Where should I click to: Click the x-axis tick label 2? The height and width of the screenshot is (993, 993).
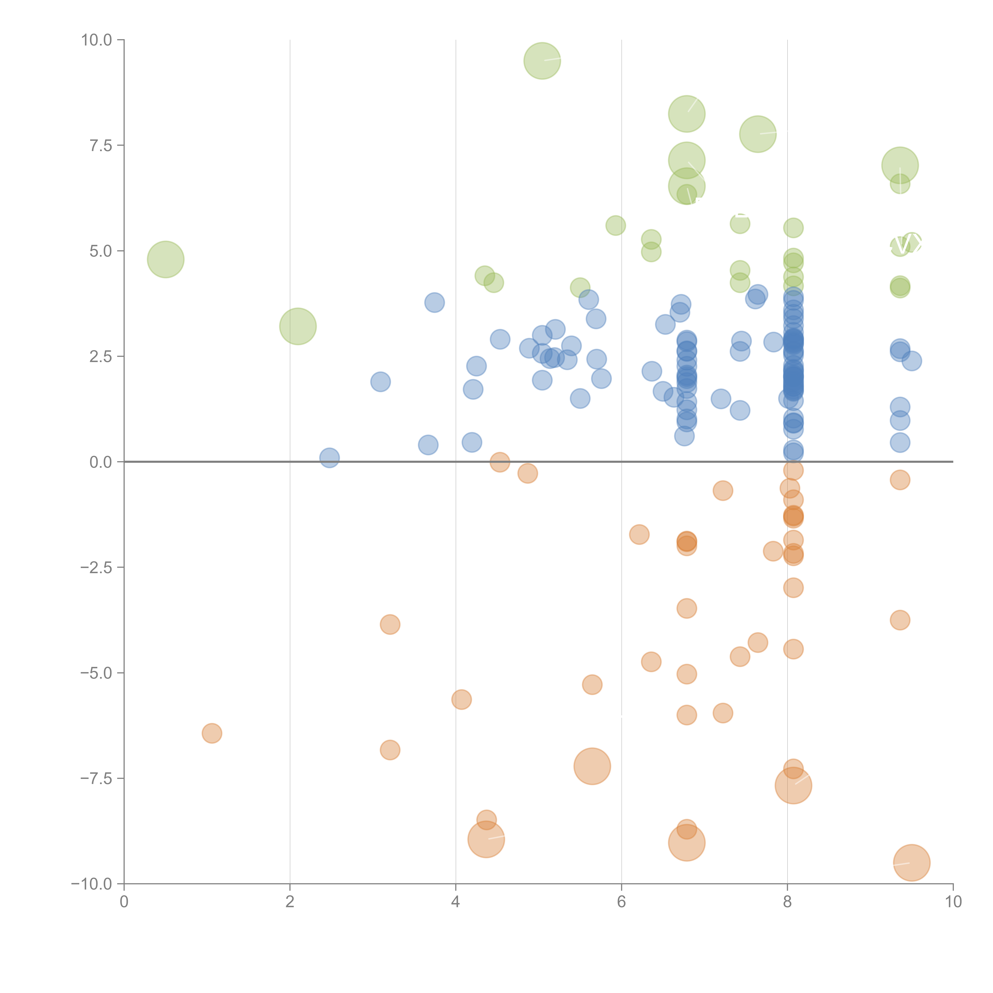tap(290, 902)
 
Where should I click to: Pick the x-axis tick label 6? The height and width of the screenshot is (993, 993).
tap(621, 902)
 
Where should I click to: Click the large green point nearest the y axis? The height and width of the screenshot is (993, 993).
tap(165, 259)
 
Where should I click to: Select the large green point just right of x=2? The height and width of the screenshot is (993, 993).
tap(298, 326)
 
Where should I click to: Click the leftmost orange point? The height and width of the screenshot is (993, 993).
tap(212, 733)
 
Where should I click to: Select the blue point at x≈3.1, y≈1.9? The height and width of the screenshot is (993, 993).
tap(380, 381)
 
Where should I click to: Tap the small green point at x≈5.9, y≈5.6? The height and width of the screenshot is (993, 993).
tap(615, 225)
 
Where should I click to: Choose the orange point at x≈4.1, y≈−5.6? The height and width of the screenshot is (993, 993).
tap(462, 699)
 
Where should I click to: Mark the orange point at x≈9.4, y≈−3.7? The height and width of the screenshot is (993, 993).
tap(899, 620)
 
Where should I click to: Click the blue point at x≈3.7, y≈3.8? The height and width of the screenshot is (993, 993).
tap(434, 302)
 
